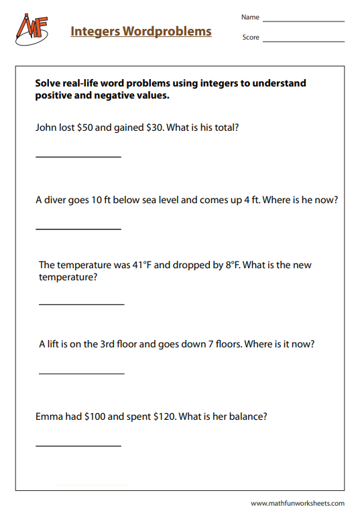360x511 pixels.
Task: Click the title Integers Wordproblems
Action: point(141,32)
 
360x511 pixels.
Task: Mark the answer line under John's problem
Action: point(78,157)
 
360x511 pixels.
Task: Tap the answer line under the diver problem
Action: point(78,229)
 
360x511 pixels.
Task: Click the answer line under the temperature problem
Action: point(82,304)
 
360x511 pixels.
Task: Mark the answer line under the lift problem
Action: point(82,374)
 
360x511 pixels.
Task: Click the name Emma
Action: point(49,416)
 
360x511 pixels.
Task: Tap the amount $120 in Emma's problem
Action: point(166,416)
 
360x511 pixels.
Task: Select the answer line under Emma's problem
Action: point(78,446)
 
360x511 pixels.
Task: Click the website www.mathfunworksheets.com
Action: point(298,503)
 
